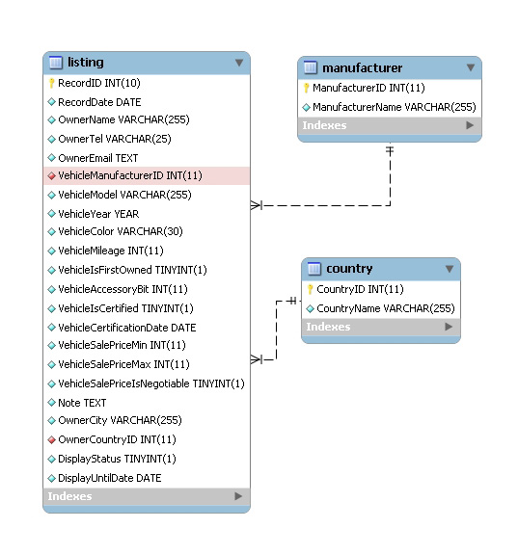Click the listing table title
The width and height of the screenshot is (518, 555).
click(86, 63)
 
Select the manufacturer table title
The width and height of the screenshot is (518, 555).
click(362, 67)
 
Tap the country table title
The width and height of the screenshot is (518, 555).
click(349, 269)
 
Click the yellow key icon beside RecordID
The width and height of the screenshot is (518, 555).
click(52, 83)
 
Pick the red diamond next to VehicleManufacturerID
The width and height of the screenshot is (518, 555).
click(52, 175)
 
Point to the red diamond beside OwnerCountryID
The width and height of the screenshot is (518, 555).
click(52, 439)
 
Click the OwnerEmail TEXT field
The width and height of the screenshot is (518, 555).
click(98, 158)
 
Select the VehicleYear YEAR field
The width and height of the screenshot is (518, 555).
click(98, 214)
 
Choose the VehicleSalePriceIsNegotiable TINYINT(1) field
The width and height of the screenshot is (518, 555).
click(151, 383)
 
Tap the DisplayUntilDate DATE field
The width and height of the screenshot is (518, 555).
click(110, 478)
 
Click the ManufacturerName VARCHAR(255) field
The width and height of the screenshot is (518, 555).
click(395, 107)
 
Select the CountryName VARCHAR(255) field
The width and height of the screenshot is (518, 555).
click(386, 308)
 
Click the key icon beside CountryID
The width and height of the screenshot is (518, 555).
click(310, 289)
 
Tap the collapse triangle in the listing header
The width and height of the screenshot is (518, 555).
click(239, 63)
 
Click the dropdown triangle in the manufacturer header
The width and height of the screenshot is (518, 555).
click(471, 67)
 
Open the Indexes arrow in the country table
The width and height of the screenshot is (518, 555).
click(449, 327)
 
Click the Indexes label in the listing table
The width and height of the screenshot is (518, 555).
click(69, 496)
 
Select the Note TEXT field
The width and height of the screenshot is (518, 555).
click(82, 403)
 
